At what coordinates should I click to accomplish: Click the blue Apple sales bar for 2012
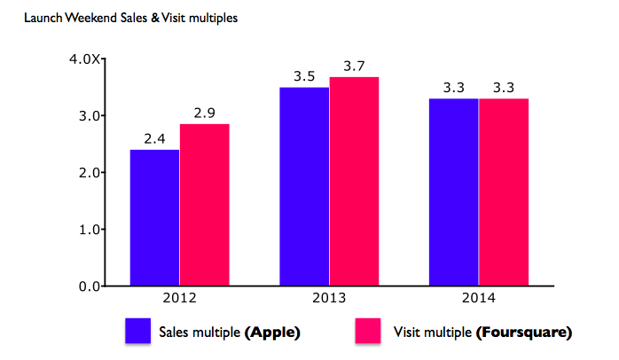coord(155,218)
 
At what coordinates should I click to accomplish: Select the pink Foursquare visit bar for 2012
coord(205,205)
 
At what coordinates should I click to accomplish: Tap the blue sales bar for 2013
coord(304,186)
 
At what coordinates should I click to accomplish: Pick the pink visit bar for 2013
coord(354,181)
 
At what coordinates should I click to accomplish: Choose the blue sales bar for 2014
coord(453,192)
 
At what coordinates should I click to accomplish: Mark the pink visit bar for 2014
coord(503,192)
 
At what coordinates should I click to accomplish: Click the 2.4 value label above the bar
coord(155,138)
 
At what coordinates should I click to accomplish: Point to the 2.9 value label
coord(205,113)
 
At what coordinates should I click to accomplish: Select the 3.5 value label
coord(304,76)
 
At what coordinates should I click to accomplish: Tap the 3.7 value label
coord(354,66)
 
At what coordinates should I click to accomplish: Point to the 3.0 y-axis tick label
coord(89,116)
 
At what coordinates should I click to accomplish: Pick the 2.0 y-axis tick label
coord(89,173)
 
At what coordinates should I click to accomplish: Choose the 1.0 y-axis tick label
coord(89,230)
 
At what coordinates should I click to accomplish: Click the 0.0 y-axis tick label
coord(89,286)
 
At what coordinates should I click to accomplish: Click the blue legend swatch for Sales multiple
coord(137,332)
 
